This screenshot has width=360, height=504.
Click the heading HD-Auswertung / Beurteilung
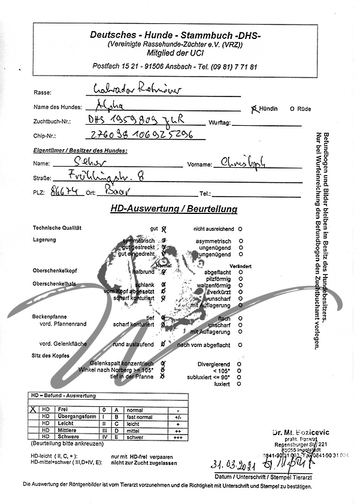coord(174,210)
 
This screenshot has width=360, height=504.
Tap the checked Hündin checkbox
coord(254,108)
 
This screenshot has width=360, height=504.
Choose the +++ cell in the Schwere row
coord(177,437)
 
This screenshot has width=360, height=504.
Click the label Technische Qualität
coord(57,229)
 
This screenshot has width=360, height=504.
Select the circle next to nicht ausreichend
coord(240,229)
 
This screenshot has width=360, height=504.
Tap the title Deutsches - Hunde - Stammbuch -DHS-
coord(174,35)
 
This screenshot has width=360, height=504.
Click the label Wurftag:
coord(219,122)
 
